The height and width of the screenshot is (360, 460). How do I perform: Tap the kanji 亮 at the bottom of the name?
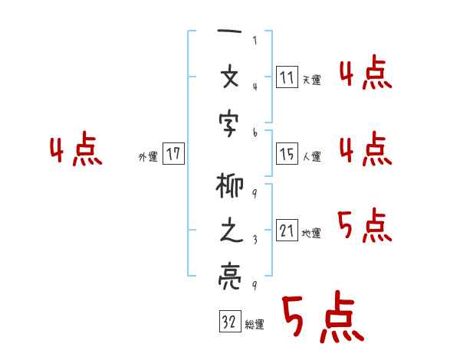coord(231,273)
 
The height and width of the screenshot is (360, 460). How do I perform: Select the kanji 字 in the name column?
coord(231,120)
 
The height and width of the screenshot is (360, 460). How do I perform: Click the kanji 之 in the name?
coord(231,232)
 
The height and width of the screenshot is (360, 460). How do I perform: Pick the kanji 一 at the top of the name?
coord(230,35)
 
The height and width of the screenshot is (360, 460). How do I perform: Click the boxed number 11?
coord(287,77)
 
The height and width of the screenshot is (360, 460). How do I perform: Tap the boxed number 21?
coord(287,231)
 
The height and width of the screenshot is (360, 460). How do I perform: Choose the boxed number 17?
coord(173,154)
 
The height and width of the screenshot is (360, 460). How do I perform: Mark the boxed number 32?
coord(229,322)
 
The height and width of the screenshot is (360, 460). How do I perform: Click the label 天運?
coord(312,80)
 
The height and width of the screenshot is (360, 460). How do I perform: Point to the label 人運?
coord(312,157)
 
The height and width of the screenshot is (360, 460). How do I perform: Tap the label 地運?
coord(312,234)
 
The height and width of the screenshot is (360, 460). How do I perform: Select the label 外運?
coord(147,156)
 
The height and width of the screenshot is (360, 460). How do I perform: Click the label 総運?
coord(255,325)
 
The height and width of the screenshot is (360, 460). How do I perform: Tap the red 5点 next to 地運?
coord(364,226)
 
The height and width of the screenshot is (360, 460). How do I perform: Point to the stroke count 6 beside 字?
coord(255,133)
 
